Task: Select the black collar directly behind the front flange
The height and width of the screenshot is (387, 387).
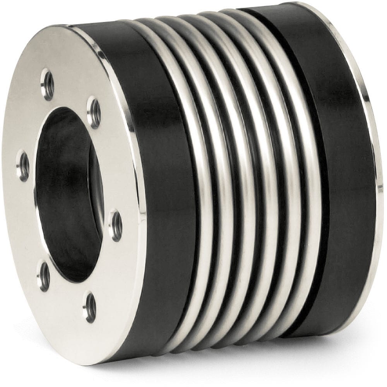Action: point(163,193)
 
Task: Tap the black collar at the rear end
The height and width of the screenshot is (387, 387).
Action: point(341,174)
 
